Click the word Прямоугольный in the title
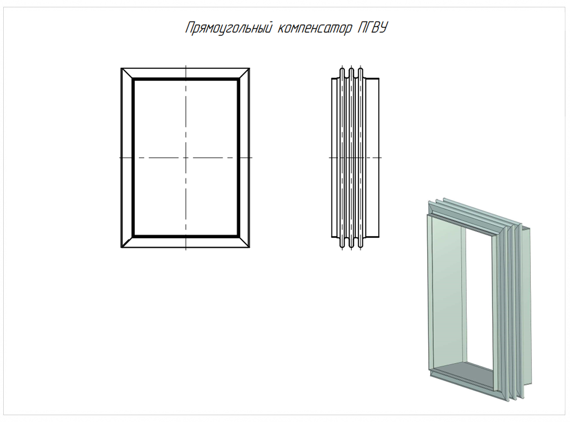coord(228,28)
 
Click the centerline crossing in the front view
coord(186,158)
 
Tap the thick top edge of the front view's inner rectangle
coord(186,80)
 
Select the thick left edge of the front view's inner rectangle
coord(133,158)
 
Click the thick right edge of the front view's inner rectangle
coord(238,158)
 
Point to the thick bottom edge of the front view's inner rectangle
coord(186,237)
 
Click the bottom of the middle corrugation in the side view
coord(351,247)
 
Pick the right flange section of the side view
coord(372,158)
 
